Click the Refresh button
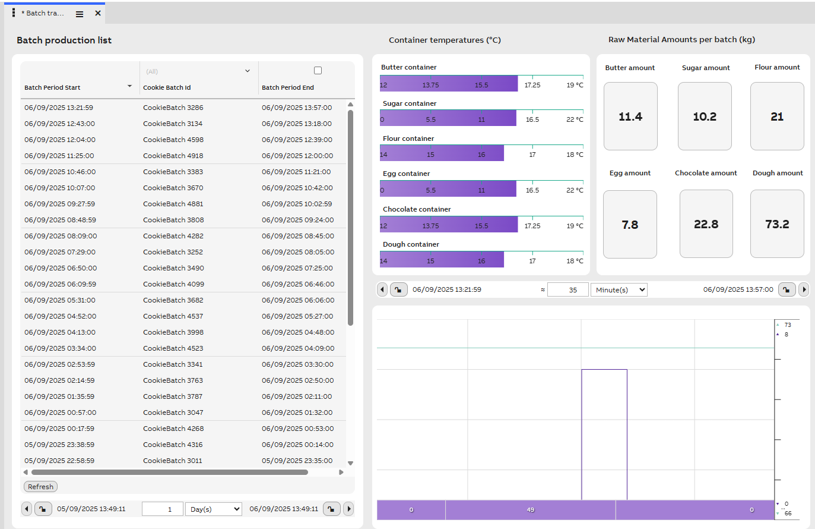coord(40,486)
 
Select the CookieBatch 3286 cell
coord(173,108)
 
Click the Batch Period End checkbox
coord(318,71)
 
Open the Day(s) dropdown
coord(214,509)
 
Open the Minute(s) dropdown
coord(619,290)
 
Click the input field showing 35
coord(567,290)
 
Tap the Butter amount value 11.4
coord(630,116)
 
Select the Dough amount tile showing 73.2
coord(777,224)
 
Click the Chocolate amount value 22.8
coord(706,224)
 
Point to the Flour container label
coord(408,138)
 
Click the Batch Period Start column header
coord(52,87)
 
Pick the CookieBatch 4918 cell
coord(173,156)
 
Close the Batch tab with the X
coord(98,13)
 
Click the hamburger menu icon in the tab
coord(80,14)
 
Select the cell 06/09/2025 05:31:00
coord(60,300)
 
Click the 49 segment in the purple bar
coord(530,510)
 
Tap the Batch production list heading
coord(64,40)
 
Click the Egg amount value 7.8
coord(630,225)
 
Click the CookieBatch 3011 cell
coord(172,461)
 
